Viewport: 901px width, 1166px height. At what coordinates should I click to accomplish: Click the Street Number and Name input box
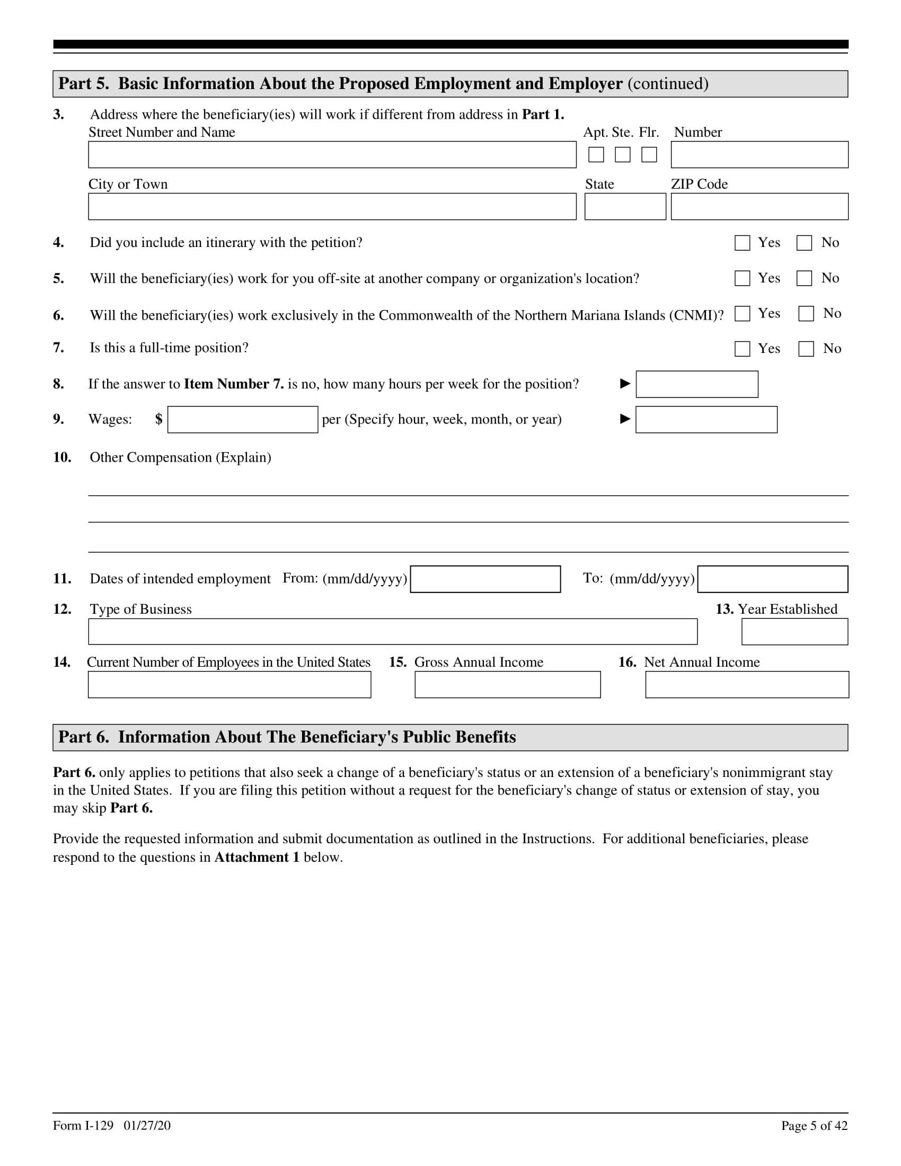pos(332,155)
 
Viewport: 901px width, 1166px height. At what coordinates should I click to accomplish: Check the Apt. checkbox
pos(596,155)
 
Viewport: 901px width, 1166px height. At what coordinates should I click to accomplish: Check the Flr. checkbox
pos(649,155)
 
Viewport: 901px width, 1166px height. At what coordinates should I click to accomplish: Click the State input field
pos(624,207)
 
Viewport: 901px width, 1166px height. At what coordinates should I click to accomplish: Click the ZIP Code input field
pos(759,207)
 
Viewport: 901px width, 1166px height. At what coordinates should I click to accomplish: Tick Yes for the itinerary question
pos(742,243)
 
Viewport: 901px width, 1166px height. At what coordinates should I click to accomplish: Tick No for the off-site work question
pos(804,278)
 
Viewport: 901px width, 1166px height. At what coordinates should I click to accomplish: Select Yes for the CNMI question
pos(742,314)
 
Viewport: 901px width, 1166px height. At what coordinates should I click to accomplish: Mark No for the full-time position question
pos(806,349)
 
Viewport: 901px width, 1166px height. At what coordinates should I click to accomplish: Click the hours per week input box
pos(696,384)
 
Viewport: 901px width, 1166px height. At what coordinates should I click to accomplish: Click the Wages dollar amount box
pos(242,420)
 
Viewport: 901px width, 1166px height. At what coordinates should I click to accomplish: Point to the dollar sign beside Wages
pos(158,419)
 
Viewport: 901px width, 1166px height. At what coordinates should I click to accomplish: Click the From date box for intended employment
pos(485,579)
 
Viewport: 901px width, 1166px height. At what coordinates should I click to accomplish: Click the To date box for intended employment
pos(772,579)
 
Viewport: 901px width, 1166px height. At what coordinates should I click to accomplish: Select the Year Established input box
pos(794,632)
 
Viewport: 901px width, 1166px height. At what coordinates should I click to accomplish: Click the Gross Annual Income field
pos(507,684)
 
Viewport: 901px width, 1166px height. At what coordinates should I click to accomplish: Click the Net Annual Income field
pos(747,684)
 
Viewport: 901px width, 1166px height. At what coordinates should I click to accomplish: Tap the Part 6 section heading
pos(287,737)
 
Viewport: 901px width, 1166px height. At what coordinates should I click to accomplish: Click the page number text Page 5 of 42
pos(814,1126)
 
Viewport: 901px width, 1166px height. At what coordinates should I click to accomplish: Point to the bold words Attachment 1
pos(256,858)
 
